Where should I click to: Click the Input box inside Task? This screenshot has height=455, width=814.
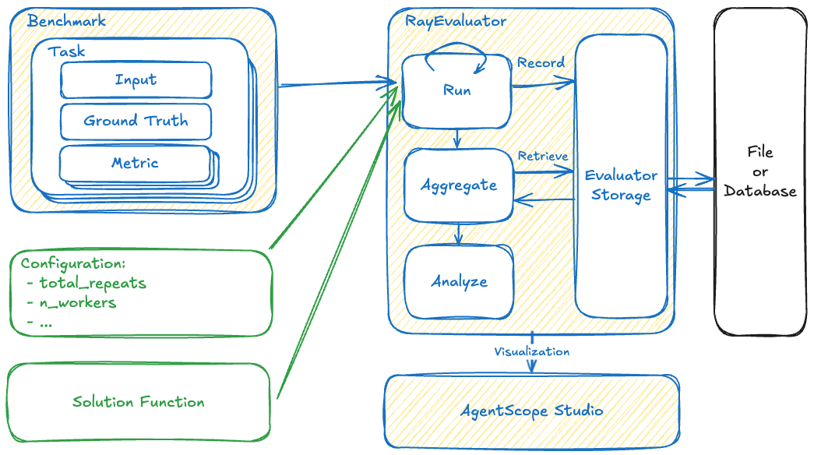[x=136, y=79]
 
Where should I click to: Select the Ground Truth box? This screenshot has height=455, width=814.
[x=136, y=121]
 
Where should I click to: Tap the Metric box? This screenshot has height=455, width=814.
[x=135, y=163]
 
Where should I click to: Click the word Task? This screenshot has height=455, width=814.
[x=66, y=52]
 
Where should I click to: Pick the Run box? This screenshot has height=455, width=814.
[x=456, y=90]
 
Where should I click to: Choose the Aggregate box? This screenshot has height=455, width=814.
[x=458, y=185]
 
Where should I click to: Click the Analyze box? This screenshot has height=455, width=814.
[x=459, y=281]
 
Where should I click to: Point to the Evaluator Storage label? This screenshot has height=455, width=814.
[x=621, y=185]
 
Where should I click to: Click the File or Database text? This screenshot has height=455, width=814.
[x=759, y=171]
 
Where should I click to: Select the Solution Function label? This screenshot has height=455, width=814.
[x=138, y=402]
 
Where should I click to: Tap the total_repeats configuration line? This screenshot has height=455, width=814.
[x=92, y=283]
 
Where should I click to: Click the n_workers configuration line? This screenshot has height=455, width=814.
[x=77, y=302]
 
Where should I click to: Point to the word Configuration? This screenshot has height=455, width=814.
[x=72, y=263]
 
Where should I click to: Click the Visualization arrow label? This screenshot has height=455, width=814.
[x=532, y=351]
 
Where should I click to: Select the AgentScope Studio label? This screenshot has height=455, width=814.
[x=532, y=411]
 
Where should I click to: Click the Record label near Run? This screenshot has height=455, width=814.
[x=541, y=62]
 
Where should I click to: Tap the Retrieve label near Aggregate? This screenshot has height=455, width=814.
[x=542, y=157]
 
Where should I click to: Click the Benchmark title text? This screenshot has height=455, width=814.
[x=65, y=22]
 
